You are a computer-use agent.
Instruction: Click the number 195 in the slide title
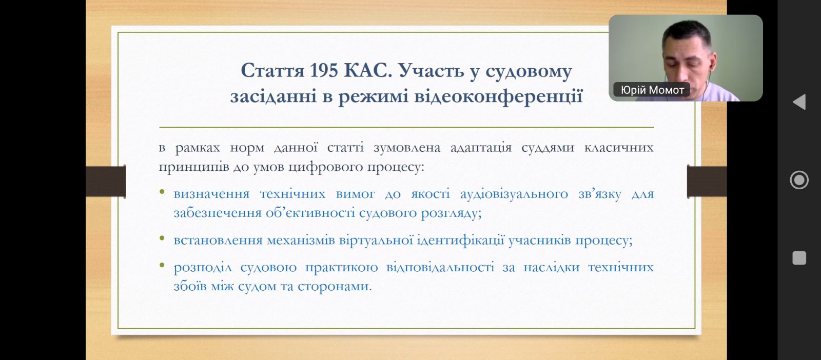coord(324,70)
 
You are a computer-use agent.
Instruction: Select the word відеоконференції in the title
coord(498,96)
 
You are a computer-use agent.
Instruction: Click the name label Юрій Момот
coord(652,90)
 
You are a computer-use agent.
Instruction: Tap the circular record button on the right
coord(799,180)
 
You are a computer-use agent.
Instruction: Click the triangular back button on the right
coord(799,102)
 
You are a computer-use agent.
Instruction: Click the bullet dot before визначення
coord(162,191)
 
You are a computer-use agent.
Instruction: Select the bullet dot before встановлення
coord(162,238)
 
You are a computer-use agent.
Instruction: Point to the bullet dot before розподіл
coord(162,265)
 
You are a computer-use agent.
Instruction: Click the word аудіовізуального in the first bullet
coord(514,194)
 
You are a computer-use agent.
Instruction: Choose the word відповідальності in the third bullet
coord(440,267)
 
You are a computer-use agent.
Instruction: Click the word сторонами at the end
coord(335,286)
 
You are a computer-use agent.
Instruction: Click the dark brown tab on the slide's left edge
coord(106,181)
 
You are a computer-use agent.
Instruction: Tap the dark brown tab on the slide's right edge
coord(707,181)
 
